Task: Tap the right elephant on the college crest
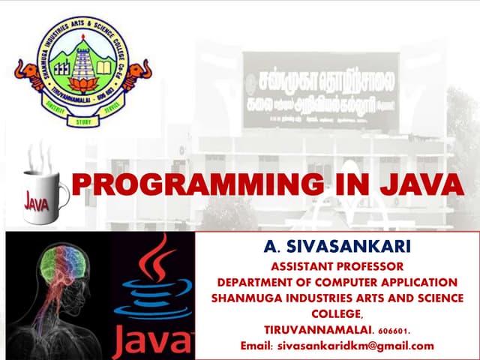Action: [x=139, y=75]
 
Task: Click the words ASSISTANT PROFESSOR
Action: [x=337, y=266]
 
